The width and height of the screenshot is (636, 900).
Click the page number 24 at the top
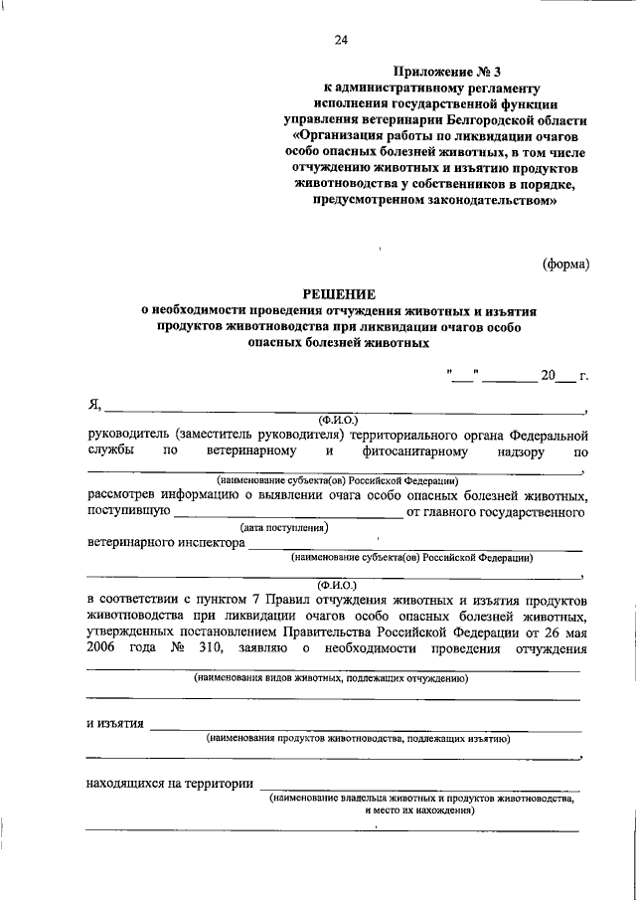click(341, 40)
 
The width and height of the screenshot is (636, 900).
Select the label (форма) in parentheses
click(566, 264)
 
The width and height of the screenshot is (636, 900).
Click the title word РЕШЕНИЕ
click(340, 293)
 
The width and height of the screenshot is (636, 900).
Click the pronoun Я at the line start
click(94, 405)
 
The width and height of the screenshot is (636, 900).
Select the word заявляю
click(265, 648)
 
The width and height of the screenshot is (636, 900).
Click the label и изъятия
click(115, 723)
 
